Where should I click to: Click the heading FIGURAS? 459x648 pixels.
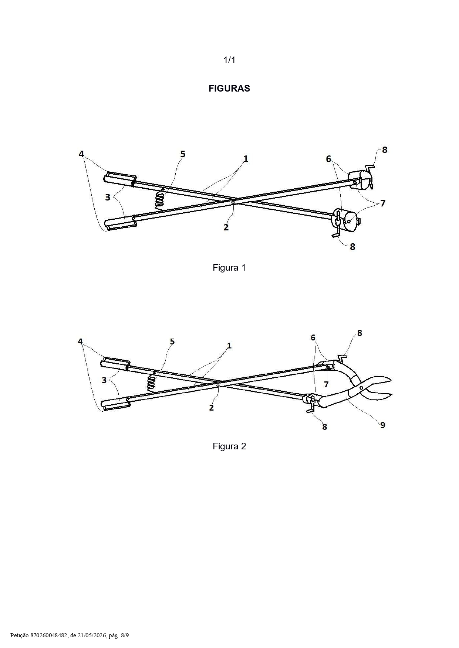tap(229, 88)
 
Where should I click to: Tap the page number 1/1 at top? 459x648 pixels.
tap(229, 60)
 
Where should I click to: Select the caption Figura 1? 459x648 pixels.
tap(229, 267)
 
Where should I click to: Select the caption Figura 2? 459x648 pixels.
tap(229, 446)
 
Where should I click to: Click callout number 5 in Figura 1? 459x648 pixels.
tap(183, 154)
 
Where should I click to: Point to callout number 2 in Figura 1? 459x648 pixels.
tap(226, 227)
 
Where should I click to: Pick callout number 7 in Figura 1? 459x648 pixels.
tap(383, 203)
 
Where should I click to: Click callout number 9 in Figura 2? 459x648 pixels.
tap(383, 425)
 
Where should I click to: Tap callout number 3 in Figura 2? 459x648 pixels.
tap(104, 380)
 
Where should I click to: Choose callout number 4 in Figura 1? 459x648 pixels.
tap(81, 154)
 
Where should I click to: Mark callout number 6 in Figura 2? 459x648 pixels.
tap(313, 337)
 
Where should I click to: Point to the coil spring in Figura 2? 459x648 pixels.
tap(151, 382)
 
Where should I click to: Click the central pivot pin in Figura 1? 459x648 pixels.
tap(233, 202)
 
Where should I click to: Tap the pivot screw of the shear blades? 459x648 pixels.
tap(361, 388)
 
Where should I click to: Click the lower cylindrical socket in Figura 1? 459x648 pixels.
tap(348, 221)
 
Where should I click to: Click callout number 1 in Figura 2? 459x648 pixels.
tap(229, 346)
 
